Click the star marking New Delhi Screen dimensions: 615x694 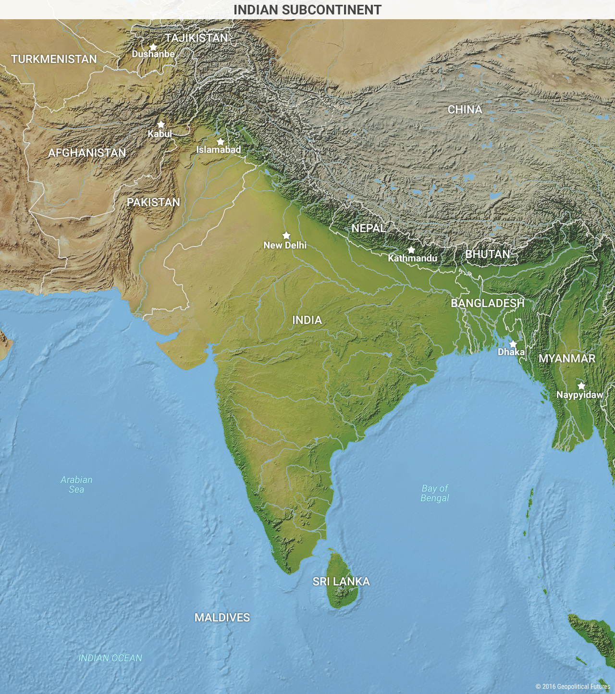point(286,235)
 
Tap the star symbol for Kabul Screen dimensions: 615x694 point(161,124)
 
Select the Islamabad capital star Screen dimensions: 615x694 point(221,142)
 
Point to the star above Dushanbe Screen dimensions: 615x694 point(153,47)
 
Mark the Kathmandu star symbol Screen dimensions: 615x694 point(411,250)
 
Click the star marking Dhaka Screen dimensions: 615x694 point(513,344)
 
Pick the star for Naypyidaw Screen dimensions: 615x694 point(581,386)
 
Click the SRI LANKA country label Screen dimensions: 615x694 point(341,582)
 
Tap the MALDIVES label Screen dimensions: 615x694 point(222,618)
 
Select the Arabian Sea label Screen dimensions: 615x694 point(76,484)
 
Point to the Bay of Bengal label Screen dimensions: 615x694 point(435,493)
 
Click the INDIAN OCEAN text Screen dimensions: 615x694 point(110,658)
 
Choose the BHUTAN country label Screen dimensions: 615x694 point(487,254)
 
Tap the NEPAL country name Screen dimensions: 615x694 point(369,228)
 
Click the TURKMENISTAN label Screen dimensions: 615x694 point(54,59)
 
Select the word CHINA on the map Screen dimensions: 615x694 point(465,110)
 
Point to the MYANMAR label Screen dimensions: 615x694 point(567,359)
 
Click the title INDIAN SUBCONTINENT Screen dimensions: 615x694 point(307,10)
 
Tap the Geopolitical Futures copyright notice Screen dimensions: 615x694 point(573,686)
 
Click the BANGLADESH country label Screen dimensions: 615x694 point(487,303)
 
